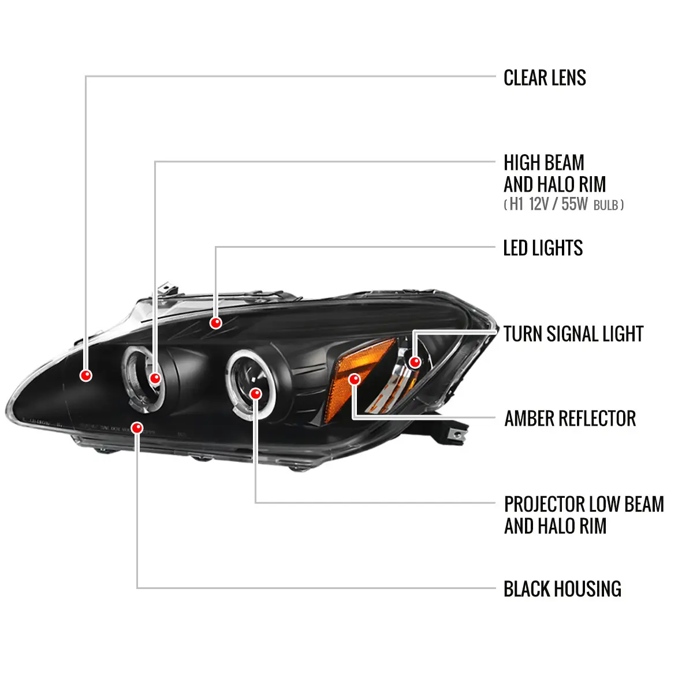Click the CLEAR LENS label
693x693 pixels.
click(545, 78)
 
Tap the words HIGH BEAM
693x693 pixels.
click(544, 163)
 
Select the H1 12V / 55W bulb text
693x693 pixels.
click(564, 204)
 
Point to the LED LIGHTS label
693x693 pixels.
click(543, 248)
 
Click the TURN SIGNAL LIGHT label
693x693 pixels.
click(573, 334)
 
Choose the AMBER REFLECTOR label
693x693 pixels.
click(570, 419)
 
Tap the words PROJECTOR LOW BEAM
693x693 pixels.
click(584, 504)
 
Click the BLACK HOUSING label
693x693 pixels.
click(562, 589)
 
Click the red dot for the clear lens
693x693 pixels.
click(86, 375)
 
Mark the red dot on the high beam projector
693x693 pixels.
click(155, 378)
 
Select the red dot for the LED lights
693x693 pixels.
click(216, 323)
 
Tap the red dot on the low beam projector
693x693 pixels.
click(256, 394)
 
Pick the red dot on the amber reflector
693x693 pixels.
click(355, 379)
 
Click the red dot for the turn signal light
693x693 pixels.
click(415, 362)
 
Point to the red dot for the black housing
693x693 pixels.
click(137, 428)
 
